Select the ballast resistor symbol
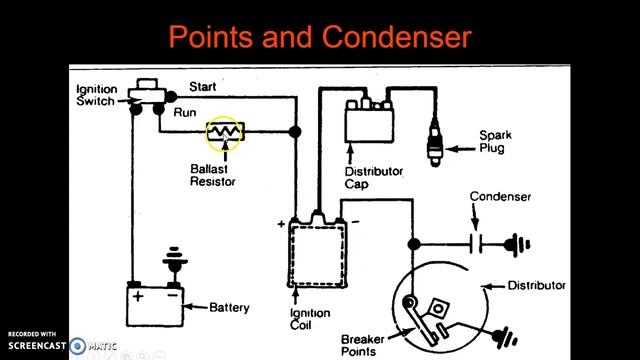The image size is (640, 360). (x=223, y=132)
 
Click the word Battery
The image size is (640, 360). (x=229, y=307)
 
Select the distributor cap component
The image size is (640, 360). (x=371, y=122)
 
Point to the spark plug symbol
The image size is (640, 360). (x=438, y=139)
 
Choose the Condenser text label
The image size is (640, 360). (x=501, y=197)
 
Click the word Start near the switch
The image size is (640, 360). (x=202, y=87)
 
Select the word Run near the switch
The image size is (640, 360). (x=185, y=112)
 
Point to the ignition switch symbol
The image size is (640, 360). (x=151, y=95)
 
